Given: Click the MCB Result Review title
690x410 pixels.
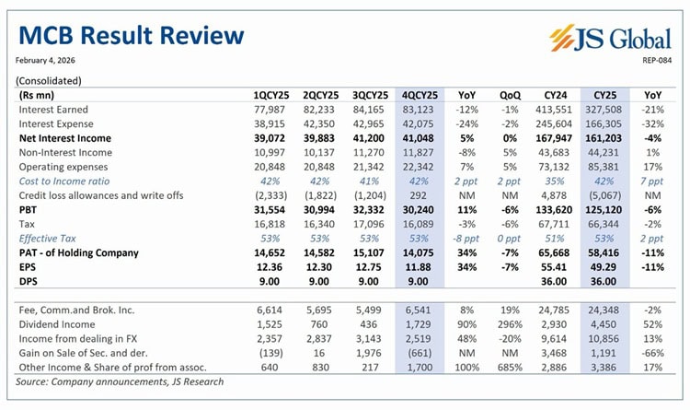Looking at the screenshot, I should [131, 36].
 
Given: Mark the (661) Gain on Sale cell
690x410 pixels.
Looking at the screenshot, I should [424, 355].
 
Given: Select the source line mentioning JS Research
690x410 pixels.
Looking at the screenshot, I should [120, 381].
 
